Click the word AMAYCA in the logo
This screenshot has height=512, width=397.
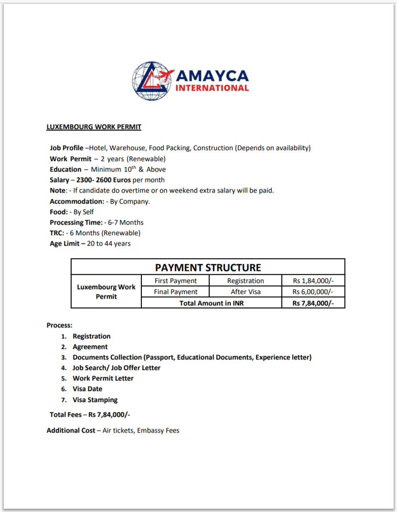click(x=213, y=76)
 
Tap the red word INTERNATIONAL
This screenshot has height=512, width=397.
click(x=213, y=88)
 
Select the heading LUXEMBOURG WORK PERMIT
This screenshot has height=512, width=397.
click(x=94, y=127)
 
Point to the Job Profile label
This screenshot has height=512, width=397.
click(x=66, y=148)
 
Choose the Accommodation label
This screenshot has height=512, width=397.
click(x=77, y=201)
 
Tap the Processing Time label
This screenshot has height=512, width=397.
click(x=76, y=222)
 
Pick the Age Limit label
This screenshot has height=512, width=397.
click(x=65, y=243)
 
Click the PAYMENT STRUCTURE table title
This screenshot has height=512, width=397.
click(x=208, y=267)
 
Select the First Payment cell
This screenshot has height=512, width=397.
click(x=175, y=281)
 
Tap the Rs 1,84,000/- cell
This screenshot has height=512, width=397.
click(x=313, y=281)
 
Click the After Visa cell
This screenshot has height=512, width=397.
click(x=246, y=292)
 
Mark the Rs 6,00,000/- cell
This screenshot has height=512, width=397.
click(x=313, y=292)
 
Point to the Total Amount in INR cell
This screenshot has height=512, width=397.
click(x=211, y=303)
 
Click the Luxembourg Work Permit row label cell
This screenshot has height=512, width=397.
click(x=106, y=292)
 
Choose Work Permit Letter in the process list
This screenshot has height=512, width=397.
click(x=103, y=378)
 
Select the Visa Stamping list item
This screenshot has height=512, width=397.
click(x=95, y=400)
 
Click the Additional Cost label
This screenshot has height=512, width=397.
click(x=71, y=430)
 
